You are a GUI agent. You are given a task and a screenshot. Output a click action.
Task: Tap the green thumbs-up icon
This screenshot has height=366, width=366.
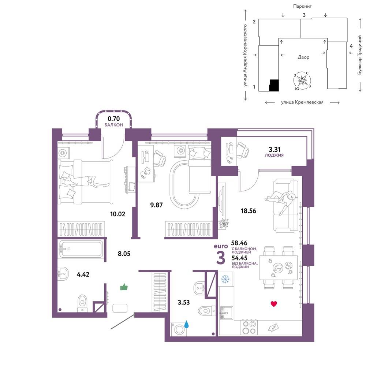(x=124, y=287)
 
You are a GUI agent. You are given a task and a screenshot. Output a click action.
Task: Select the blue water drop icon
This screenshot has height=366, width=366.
(x=187, y=324)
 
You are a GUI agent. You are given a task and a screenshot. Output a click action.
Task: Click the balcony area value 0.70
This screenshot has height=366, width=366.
(x=113, y=119)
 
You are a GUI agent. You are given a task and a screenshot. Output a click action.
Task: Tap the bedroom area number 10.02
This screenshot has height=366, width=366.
(x=118, y=214)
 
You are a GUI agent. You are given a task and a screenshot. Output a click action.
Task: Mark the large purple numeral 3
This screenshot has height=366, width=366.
(x=221, y=258)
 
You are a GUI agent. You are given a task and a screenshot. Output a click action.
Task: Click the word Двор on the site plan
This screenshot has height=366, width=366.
(x=303, y=57)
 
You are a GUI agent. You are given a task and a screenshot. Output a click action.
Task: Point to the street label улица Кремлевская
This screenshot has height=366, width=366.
(x=302, y=102)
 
